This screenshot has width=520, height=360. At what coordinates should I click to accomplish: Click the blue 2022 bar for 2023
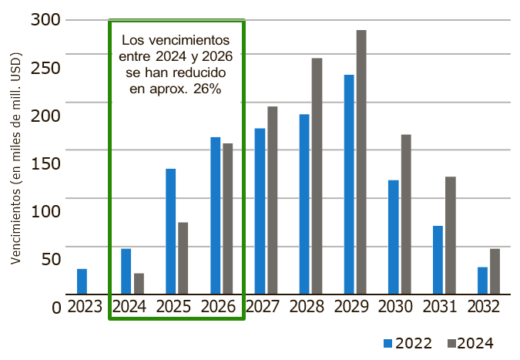(82, 281)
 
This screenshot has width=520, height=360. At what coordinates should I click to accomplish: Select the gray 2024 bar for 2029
(361, 162)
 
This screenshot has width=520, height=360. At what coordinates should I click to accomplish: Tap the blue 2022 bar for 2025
(171, 231)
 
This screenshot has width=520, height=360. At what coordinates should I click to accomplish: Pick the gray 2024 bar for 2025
(183, 258)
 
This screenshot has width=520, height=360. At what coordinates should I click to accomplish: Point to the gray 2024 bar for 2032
(495, 271)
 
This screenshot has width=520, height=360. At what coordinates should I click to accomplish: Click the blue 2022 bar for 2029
(349, 184)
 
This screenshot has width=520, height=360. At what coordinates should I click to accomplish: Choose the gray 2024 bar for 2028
(317, 176)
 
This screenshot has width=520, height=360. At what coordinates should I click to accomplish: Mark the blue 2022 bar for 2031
(438, 260)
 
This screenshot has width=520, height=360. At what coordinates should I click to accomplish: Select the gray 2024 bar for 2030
(406, 214)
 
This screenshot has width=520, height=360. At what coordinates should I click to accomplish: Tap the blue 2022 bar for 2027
(260, 211)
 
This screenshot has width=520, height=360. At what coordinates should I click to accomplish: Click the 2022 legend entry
(408, 343)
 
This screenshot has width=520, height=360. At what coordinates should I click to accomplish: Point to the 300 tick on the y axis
(45, 19)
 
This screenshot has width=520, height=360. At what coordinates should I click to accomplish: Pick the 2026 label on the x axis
(218, 307)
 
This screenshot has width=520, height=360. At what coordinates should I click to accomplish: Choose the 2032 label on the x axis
(484, 307)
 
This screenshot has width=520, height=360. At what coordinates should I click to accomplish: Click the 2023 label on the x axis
(85, 307)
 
